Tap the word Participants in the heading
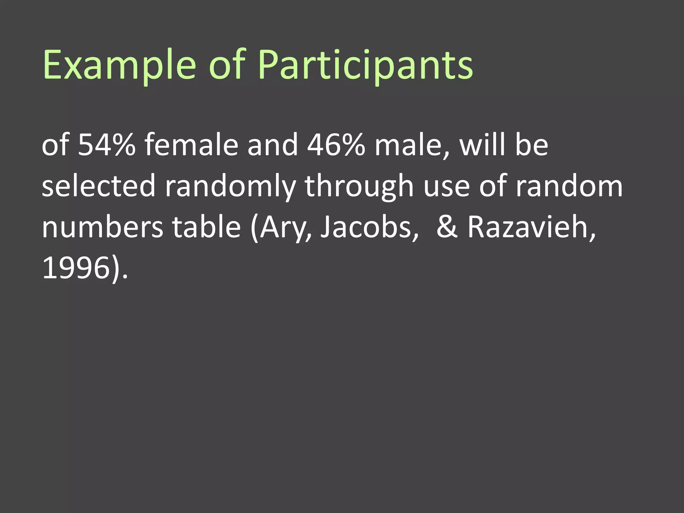365,65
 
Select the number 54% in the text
107,145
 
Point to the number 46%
336,145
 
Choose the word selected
99,186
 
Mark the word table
206,227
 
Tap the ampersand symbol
447,227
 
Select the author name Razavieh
528,227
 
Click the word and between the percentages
272,145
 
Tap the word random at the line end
569,186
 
